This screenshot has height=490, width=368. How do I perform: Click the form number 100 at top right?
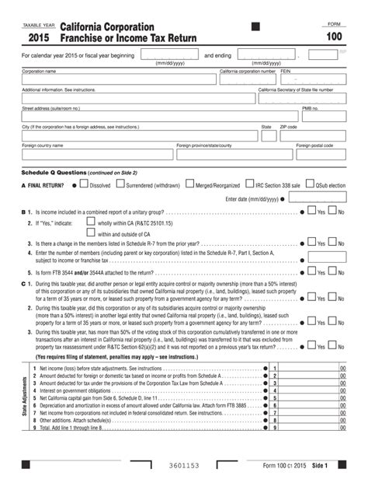[333, 37]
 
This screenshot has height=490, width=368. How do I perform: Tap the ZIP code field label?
[288, 126]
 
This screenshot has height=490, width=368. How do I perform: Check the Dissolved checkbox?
[85, 185]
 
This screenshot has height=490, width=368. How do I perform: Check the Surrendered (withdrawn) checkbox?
[121, 185]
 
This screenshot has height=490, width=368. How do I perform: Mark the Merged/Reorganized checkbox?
[190, 185]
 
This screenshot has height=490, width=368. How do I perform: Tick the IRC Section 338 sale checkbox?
[250, 185]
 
